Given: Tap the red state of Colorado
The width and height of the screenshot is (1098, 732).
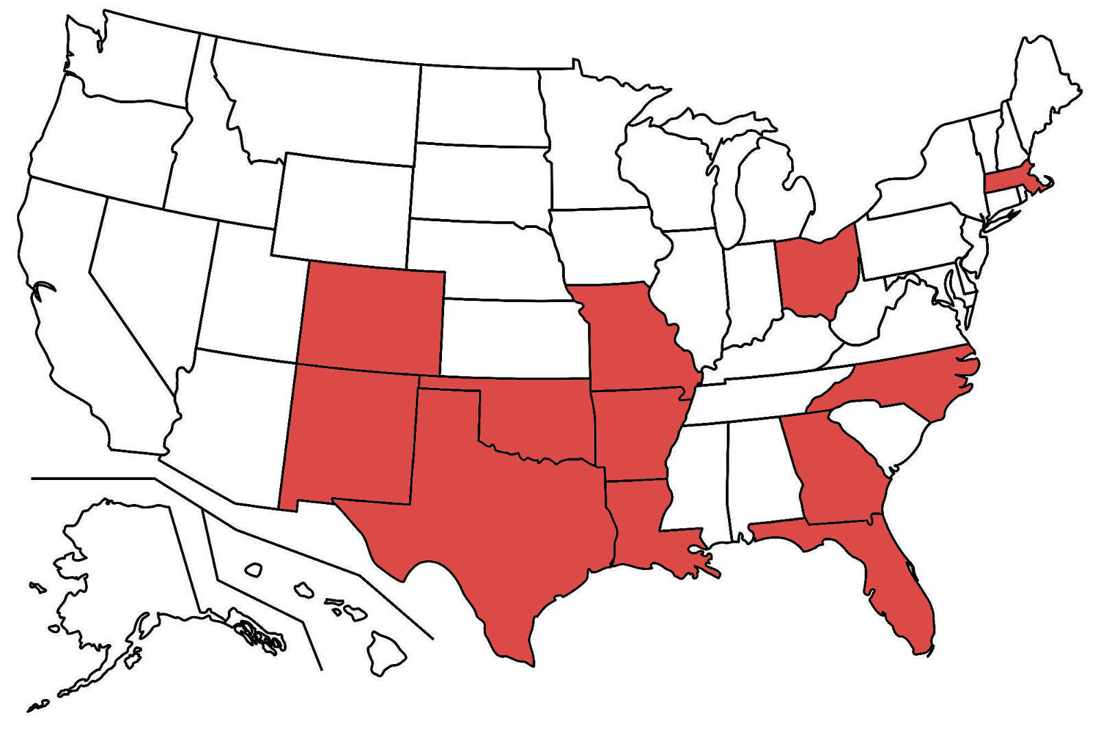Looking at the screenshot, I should click(371, 316).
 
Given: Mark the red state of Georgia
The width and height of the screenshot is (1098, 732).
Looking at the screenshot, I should click(834, 474).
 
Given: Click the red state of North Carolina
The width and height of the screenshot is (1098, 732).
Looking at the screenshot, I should click(906, 381).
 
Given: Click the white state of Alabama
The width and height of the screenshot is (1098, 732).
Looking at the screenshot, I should click(762, 474).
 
